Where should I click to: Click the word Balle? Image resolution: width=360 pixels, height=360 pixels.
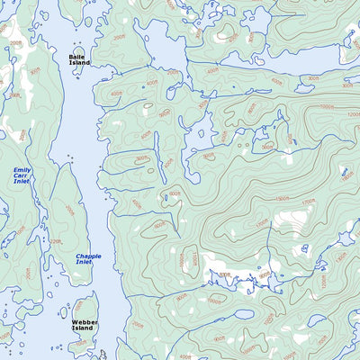[79, 57]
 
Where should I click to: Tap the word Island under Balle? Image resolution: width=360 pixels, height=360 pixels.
[79, 63]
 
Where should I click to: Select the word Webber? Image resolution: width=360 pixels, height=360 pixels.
[85, 321]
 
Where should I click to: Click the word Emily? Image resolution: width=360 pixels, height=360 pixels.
[22, 170]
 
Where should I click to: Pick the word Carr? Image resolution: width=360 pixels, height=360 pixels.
[22, 176]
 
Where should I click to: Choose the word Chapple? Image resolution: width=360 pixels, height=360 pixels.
[88, 256]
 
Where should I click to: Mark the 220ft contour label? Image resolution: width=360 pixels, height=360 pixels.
[56, 241]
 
